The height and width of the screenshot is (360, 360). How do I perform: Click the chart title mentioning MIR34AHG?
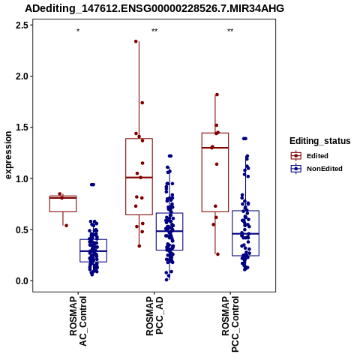tap(154, 8)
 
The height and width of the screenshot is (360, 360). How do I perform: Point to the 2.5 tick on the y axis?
tap(22, 25)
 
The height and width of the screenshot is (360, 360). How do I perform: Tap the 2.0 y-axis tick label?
tap(22, 76)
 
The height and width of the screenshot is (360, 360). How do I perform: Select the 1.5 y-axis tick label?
tap(22, 127)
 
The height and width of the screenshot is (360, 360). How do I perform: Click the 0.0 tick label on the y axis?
tap(22, 281)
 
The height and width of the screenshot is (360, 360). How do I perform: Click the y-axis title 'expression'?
tap(8, 155)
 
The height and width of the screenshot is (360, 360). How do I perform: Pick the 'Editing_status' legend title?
tap(320, 141)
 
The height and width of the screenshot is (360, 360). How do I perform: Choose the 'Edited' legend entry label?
tap(317, 156)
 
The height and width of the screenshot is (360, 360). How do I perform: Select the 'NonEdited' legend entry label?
tap(325, 169)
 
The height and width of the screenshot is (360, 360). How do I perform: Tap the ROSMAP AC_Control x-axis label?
tap(78, 321)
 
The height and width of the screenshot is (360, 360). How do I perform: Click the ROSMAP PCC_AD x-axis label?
tap(154, 316)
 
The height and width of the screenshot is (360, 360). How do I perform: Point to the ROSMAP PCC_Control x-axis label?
tap(230, 324)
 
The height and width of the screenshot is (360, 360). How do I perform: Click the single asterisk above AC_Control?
tap(78, 31)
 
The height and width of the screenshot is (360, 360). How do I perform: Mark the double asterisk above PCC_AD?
tap(154, 31)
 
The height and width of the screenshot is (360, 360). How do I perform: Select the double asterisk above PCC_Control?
tap(230, 31)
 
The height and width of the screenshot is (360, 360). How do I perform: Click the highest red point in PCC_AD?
tap(136, 41)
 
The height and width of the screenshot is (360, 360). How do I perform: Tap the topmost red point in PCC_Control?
tap(217, 94)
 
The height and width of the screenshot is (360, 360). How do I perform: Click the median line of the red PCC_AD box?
tap(139, 178)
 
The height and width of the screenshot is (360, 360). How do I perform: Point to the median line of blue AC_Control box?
tap(94, 251)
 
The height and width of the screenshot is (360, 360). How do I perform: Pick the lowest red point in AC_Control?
tap(66, 226)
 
